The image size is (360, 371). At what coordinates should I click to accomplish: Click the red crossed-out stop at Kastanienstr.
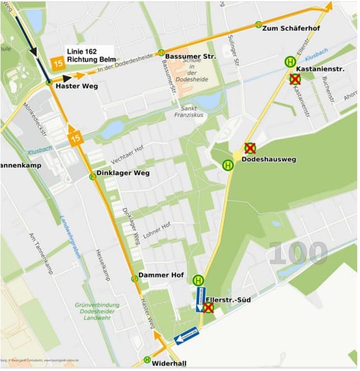coord(294,79)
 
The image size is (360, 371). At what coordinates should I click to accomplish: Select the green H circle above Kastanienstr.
coord(290,62)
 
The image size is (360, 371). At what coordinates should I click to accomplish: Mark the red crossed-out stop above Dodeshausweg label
coord(250,148)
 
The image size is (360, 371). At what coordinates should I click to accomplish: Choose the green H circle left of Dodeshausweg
coord(228,165)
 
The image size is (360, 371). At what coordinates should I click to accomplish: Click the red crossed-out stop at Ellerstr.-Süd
coord(208,307)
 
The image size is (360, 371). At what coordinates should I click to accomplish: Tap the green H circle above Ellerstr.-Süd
coord(198,280)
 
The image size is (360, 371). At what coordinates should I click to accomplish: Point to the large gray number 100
coord(298,253)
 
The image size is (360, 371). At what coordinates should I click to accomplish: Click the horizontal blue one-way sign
coord(187,336)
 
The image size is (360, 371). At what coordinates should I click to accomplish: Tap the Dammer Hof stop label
coord(161,275)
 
